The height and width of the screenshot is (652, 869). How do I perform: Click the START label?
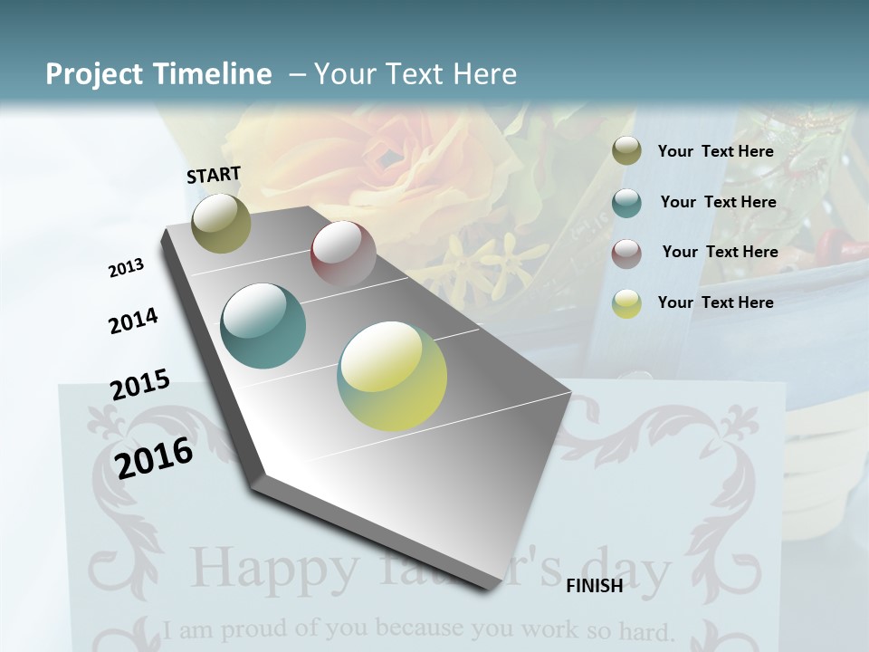[x=214, y=175]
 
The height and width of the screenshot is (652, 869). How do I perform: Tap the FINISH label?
[x=594, y=586]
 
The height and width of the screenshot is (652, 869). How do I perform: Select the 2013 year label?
[x=126, y=268]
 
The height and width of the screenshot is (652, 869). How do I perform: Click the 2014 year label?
[x=133, y=321]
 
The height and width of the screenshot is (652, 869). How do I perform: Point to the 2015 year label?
[x=140, y=385]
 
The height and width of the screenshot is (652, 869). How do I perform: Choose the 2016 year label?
[x=154, y=457]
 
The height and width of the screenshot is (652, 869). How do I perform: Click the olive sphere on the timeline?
[x=221, y=223]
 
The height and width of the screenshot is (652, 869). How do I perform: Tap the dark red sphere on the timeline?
[x=343, y=254]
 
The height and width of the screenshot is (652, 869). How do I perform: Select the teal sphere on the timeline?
[x=263, y=326]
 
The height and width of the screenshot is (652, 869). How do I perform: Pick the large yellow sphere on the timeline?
[x=392, y=376]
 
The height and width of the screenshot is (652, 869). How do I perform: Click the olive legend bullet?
[x=626, y=151]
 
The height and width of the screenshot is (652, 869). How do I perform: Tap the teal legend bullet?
[x=626, y=203]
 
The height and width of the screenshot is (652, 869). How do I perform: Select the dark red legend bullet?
[x=626, y=253]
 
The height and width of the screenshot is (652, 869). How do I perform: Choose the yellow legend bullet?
[x=626, y=303]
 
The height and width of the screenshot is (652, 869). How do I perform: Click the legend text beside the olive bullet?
[x=715, y=151]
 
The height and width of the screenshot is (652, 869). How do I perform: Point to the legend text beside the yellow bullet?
[x=715, y=302]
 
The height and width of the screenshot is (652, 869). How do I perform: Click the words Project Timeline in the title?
[x=158, y=74]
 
